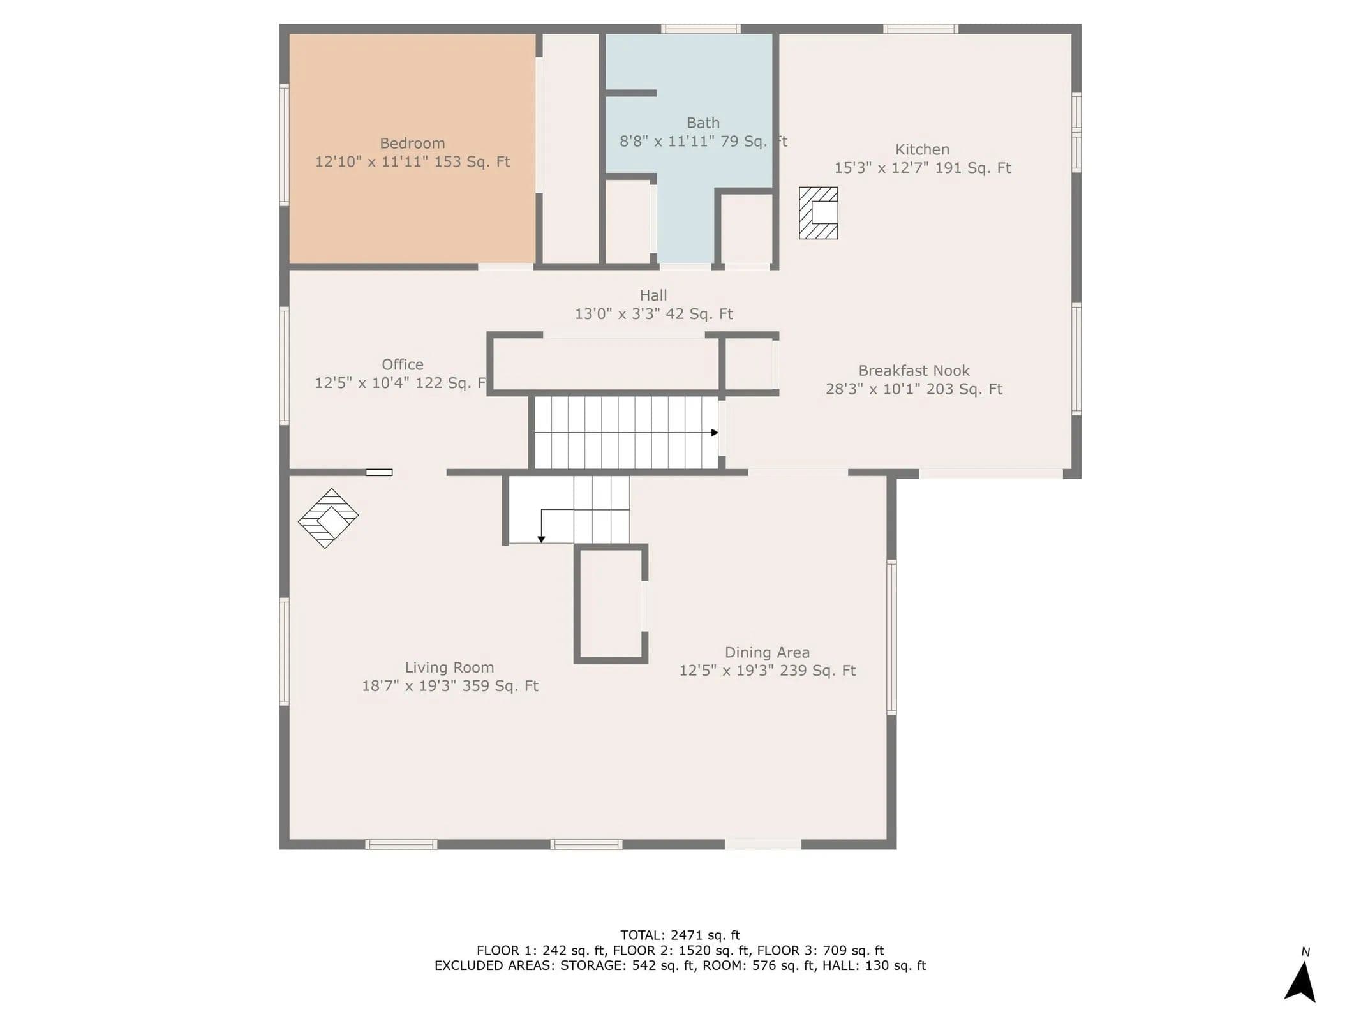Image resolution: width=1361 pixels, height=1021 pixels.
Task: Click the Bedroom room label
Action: [412, 144]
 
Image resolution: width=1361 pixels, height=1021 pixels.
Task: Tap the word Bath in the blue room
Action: [703, 123]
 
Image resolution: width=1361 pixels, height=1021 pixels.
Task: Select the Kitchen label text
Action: [922, 149]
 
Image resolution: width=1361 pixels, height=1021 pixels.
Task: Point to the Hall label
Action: [653, 295]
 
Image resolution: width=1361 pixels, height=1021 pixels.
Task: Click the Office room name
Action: [403, 364]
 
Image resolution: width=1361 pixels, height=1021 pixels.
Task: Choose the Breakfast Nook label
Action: [914, 371]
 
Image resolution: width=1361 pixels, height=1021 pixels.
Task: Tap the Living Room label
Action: [449, 667]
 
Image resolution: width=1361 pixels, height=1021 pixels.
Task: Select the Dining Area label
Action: [767, 653]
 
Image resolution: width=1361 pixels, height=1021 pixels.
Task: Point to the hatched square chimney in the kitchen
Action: [818, 213]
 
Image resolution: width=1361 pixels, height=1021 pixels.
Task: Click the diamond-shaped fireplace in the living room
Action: [328, 518]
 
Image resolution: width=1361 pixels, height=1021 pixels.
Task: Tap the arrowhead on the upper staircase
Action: [715, 433]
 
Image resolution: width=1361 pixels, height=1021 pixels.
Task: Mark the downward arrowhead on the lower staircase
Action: [541, 540]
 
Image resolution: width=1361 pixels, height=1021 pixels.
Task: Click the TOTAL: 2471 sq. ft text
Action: [680, 935]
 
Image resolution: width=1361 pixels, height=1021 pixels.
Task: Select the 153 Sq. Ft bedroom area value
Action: [472, 162]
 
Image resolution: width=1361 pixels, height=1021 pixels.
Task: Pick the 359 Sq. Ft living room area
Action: [501, 686]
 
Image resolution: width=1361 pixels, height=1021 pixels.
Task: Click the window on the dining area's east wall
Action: [891, 637]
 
